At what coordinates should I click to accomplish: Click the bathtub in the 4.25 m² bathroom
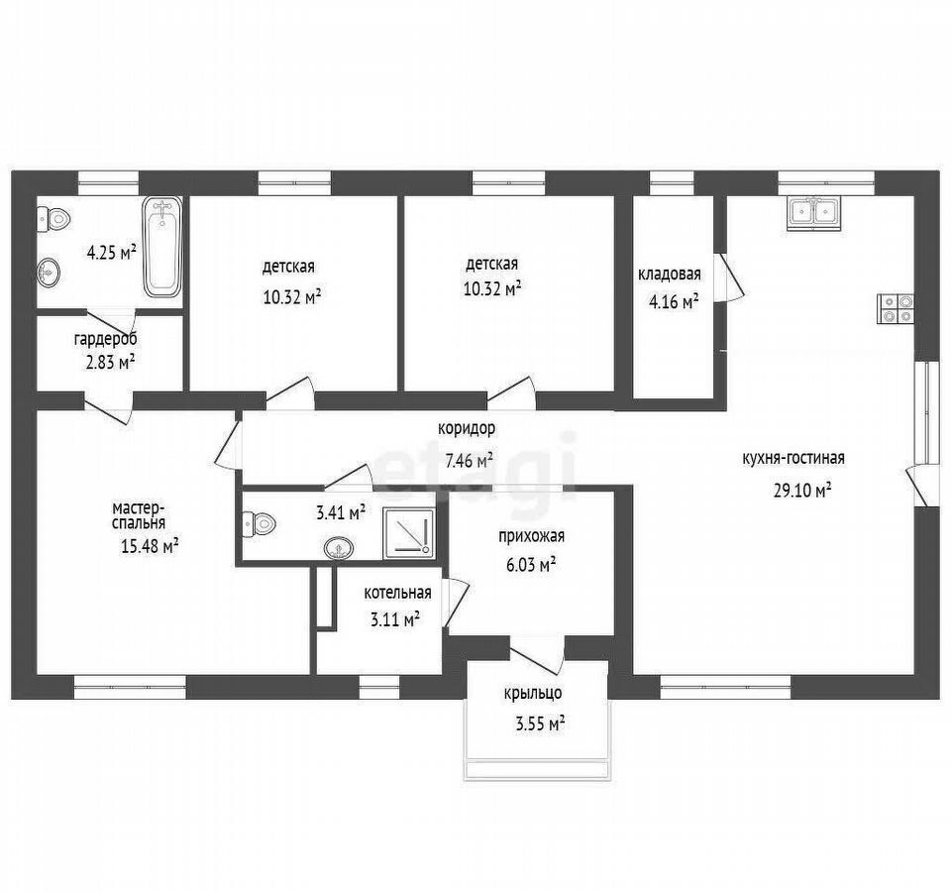(162, 247)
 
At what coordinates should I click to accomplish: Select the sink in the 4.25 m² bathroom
(49, 272)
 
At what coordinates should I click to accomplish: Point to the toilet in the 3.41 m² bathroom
(259, 523)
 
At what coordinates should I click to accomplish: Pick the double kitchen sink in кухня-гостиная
(814, 213)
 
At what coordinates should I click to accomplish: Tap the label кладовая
(669, 275)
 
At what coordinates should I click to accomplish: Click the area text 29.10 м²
(801, 490)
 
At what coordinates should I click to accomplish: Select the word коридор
(467, 428)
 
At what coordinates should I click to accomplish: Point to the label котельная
(398, 593)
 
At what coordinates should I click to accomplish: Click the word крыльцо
(533, 693)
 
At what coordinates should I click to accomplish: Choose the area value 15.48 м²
(150, 547)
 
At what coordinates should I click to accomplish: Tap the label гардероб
(106, 339)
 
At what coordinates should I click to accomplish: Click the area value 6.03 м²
(531, 565)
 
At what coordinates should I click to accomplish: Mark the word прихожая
(531, 536)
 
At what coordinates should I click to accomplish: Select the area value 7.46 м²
(469, 461)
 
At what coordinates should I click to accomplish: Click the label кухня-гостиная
(793, 458)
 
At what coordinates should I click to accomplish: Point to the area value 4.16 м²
(674, 301)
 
